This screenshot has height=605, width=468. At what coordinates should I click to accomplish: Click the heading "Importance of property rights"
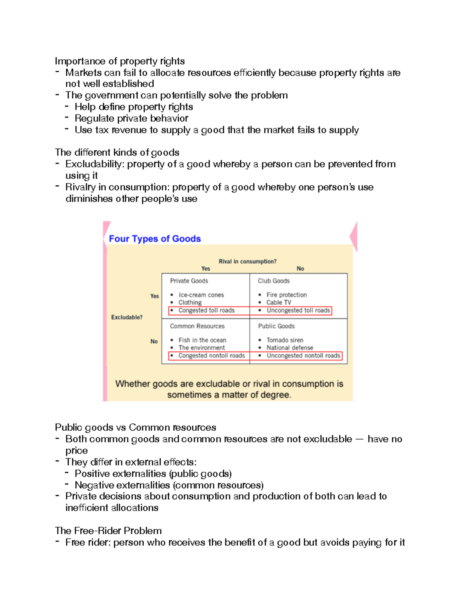[x=120, y=61]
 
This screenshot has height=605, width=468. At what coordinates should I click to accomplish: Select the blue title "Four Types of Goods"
[x=154, y=239]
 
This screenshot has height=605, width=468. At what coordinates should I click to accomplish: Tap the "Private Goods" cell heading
[x=189, y=281]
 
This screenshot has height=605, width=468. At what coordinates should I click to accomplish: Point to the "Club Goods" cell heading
[x=273, y=281]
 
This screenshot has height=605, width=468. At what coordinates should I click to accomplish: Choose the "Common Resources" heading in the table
[x=197, y=326]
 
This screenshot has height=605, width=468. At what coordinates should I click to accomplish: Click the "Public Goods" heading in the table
[x=276, y=326]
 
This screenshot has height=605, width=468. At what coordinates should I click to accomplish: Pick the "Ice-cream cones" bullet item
[x=201, y=295]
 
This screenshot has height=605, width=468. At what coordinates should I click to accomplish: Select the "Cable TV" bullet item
[x=278, y=302]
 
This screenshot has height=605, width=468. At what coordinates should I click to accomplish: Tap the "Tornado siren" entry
[x=285, y=340]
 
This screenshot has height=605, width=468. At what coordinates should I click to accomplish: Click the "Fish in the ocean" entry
[x=202, y=340]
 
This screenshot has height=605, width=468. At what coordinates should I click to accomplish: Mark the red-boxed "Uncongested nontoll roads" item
[x=303, y=356]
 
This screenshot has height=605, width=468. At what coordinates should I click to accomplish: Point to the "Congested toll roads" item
[x=206, y=310]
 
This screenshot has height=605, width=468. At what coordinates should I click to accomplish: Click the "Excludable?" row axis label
[x=127, y=317]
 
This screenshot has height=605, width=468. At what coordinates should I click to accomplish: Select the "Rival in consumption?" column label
[x=247, y=261]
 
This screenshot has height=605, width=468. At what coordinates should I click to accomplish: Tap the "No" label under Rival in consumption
[x=300, y=268]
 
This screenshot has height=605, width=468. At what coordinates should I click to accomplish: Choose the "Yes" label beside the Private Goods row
[x=154, y=296]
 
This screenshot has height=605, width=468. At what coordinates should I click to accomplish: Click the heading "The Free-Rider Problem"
[x=108, y=531]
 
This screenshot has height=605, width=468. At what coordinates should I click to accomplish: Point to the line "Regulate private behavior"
[x=131, y=118]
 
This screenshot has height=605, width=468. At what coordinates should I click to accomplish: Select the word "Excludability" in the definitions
[x=94, y=164]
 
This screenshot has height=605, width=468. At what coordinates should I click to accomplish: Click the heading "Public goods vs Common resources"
[x=135, y=427]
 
